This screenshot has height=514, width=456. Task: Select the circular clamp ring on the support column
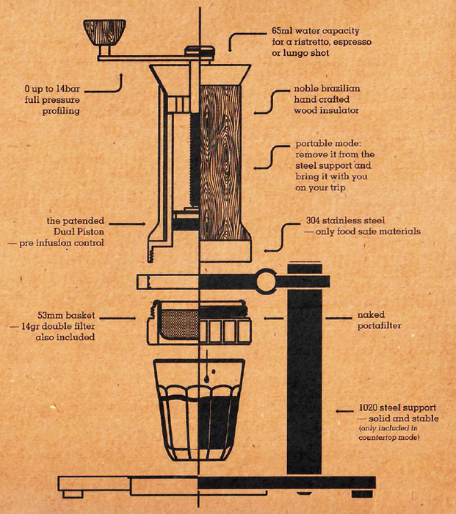tap(266, 282)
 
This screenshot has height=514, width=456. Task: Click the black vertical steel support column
tap(303, 382)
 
